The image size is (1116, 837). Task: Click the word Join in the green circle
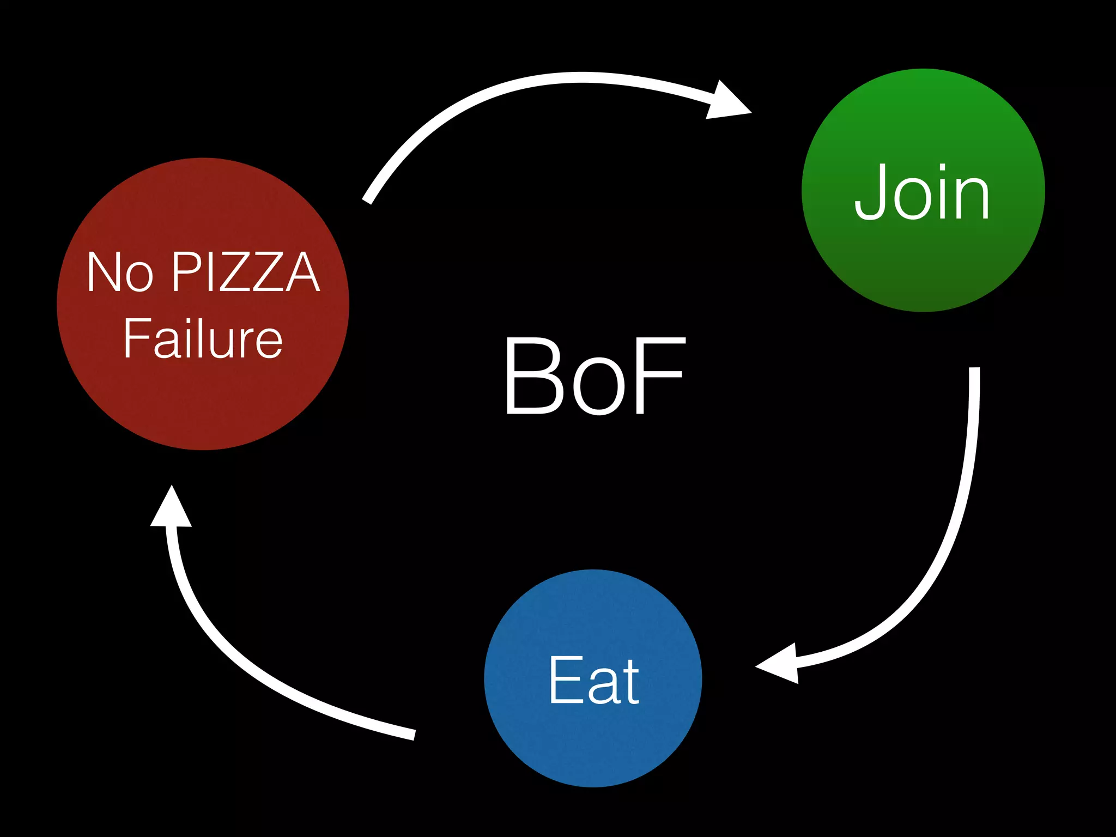point(922,192)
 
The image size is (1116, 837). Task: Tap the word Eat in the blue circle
point(593,680)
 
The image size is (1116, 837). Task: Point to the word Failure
point(203,338)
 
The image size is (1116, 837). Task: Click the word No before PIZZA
point(119,272)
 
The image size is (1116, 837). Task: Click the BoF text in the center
point(594,376)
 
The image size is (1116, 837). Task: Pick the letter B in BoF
point(533,376)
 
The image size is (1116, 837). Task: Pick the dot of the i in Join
point(942,167)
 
